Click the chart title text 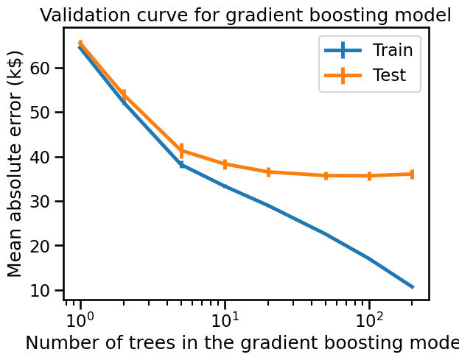[x=245, y=15]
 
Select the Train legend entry [x=392, y=50]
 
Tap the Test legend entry [x=389, y=74]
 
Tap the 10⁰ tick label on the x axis [x=80, y=321]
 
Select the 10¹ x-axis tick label [x=225, y=321]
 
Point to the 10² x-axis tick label [x=369, y=321]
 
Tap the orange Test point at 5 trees [x=181, y=150]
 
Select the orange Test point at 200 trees [x=413, y=174]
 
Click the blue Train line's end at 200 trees [x=413, y=286]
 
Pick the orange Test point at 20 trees [x=268, y=172]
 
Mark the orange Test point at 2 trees [x=124, y=94]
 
